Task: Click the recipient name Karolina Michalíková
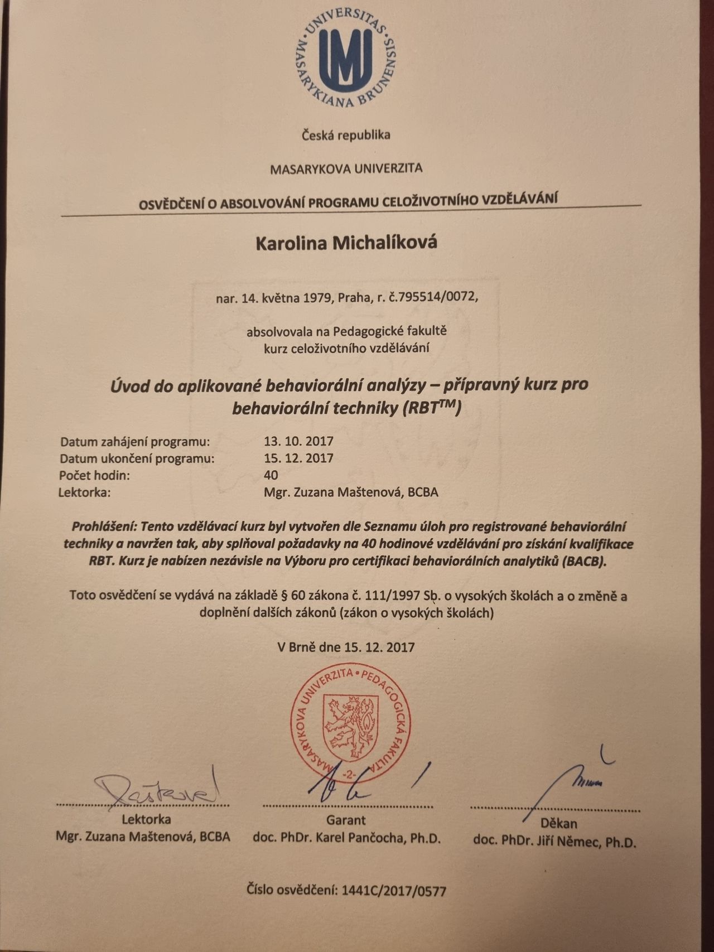pos(346,243)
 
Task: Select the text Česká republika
pos(346,135)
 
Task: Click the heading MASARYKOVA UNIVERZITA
pos(346,168)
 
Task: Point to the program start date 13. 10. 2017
pos(298,442)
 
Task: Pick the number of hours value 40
pos(271,475)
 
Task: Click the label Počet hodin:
pos(94,476)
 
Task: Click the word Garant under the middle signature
pos(346,820)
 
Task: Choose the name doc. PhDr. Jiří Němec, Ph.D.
pos(554,841)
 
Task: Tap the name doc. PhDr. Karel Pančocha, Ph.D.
pos(346,838)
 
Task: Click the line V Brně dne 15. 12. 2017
pos(346,647)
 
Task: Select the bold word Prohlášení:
pos(104,526)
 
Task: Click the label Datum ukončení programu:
pos(137,459)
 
